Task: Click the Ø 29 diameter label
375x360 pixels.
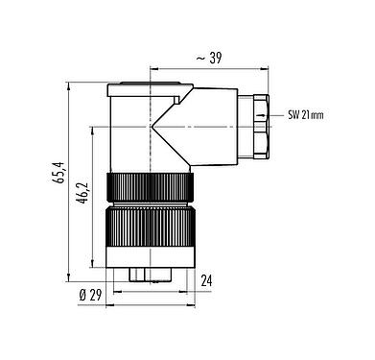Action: pos(91,295)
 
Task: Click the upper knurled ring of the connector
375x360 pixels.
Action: pos(150,188)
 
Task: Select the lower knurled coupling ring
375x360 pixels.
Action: pos(150,239)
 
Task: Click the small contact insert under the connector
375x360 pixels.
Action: pos(150,276)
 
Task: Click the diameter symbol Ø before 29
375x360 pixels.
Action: pos(82,295)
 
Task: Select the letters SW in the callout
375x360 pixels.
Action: pos(293,115)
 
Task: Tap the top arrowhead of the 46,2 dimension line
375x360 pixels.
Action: pos(93,126)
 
